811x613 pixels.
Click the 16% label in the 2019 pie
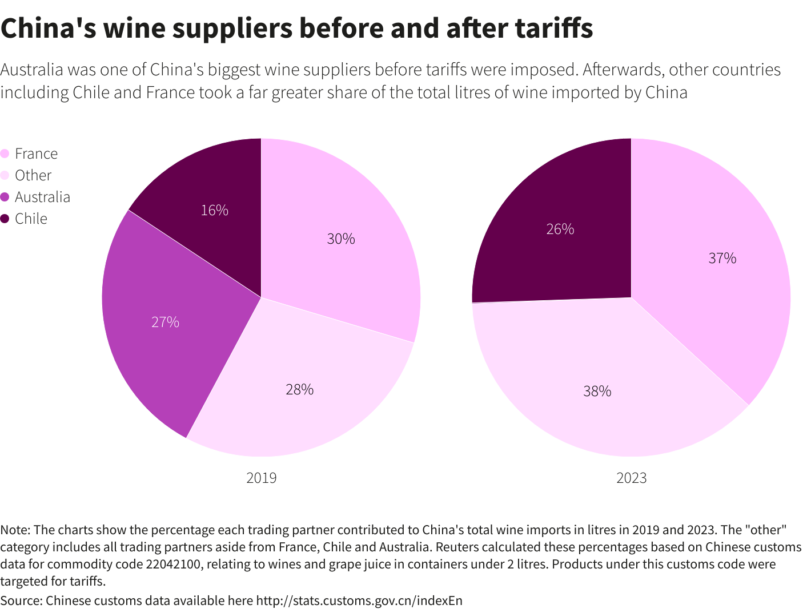pos(215,211)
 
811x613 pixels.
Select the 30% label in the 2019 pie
pos(341,239)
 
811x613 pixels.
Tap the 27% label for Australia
pos(166,322)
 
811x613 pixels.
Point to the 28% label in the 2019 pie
pos(300,390)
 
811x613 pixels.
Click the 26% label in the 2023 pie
pos(560,229)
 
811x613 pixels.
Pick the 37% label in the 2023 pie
pos(722,259)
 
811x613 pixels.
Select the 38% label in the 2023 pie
pos(597,392)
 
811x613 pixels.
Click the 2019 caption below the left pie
pos(262,478)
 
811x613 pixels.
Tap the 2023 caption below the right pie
pos(632,478)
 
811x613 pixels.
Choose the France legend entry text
pos(37,154)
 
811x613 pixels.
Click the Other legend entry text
pos(33,176)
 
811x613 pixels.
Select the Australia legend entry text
pos(43,197)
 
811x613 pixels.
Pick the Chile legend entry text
pos(31,219)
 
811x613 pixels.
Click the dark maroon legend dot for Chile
pos(5,219)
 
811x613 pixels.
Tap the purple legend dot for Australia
pos(5,197)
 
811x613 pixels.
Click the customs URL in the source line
pos(359,600)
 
